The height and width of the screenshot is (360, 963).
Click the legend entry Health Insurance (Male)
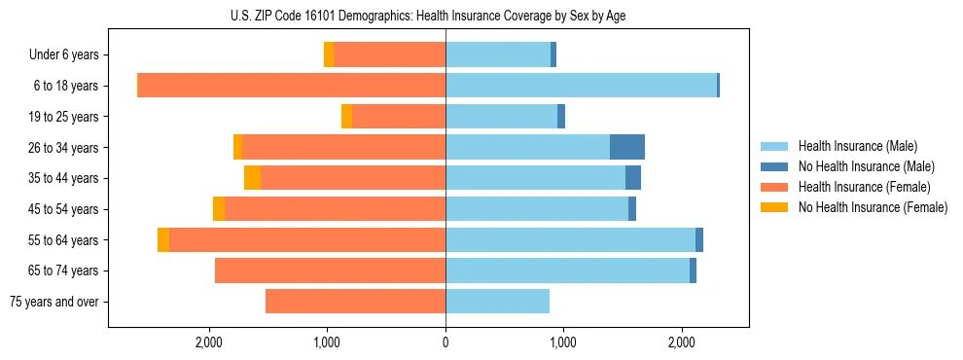[857, 146]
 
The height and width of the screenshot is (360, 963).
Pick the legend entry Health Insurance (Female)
[864, 187]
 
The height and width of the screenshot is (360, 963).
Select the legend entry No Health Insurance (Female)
[873, 207]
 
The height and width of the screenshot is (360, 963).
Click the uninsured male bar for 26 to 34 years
[626, 147]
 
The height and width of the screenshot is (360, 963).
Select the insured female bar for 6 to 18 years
[292, 86]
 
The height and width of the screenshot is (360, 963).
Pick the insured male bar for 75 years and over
[497, 302]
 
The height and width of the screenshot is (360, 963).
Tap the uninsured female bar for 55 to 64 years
[163, 240]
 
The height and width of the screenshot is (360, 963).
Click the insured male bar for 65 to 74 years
[567, 270]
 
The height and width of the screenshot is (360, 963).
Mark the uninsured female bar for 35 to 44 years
[252, 178]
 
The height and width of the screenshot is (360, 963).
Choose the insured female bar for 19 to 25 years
[399, 117]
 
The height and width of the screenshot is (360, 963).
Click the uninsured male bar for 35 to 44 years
[632, 178]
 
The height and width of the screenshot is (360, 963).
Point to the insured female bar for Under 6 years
[389, 54]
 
